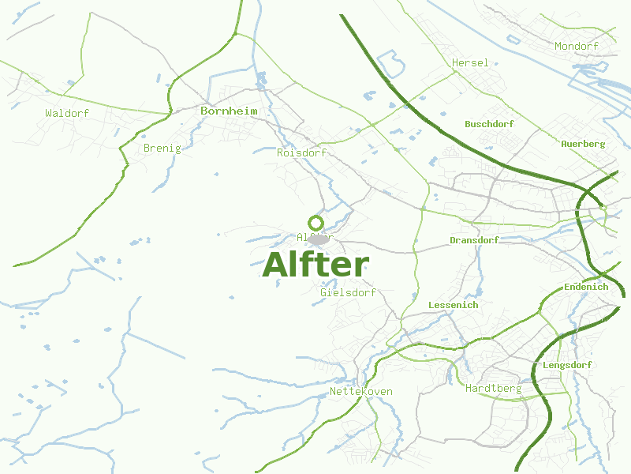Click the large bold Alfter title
(x=315, y=265)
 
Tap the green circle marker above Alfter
(x=315, y=223)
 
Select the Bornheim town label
(x=229, y=111)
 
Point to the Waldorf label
(x=67, y=114)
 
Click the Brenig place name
(x=162, y=149)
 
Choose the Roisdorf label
(x=301, y=152)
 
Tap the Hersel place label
(x=470, y=63)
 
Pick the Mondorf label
(x=576, y=47)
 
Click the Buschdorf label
(x=489, y=125)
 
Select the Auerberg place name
(x=583, y=144)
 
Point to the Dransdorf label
(x=474, y=240)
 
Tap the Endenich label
(x=586, y=287)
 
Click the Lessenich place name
(x=453, y=305)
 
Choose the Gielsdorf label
(x=348, y=293)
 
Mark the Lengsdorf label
(x=567, y=365)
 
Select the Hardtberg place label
(x=493, y=389)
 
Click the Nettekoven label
(x=360, y=392)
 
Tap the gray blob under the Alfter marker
(x=318, y=239)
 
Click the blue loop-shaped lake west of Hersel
(x=390, y=62)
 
